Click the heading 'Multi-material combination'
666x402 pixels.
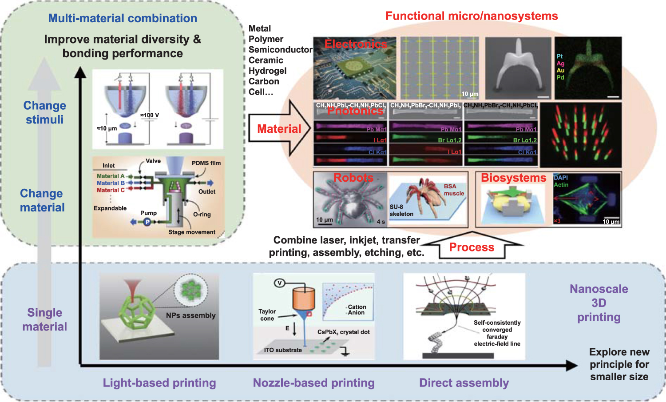(123, 18)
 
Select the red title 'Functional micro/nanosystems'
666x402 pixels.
(472, 16)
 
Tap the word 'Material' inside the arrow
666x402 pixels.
(279, 129)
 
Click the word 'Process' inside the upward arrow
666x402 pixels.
(472, 247)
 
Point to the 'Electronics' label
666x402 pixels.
(356, 44)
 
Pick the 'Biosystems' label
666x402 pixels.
(513, 178)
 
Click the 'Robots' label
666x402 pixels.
(353, 178)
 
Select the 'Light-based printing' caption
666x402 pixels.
(159, 383)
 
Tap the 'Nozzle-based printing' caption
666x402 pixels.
(313, 383)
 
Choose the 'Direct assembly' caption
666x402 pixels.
(464, 383)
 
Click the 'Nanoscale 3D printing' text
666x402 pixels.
(599, 303)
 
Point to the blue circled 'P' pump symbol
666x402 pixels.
(147, 222)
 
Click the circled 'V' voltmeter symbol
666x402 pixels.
(279, 283)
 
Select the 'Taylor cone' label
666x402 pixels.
(267, 315)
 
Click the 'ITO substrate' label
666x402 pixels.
(283, 350)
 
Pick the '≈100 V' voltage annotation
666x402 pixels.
(149, 115)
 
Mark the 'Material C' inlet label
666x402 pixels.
(111, 190)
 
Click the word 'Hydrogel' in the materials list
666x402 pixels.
(267, 71)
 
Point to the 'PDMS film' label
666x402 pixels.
(206, 163)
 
